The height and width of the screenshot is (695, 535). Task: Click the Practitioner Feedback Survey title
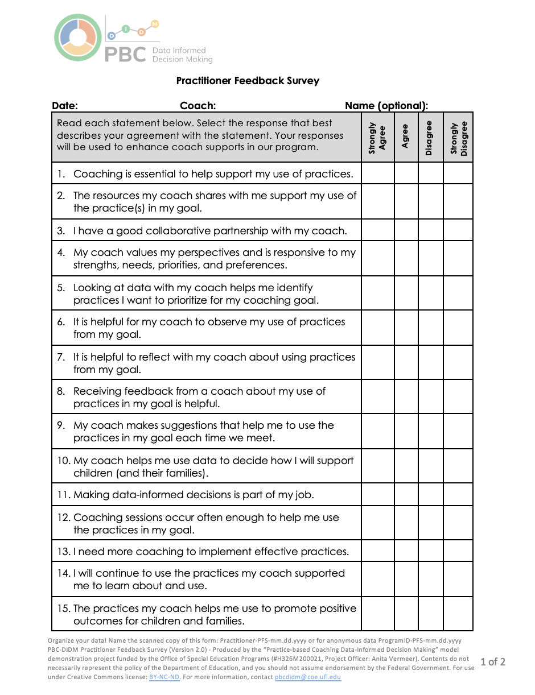pos(248,81)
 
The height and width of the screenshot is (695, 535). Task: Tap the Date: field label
pos(65,105)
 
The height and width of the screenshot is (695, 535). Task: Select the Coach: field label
pos(197,105)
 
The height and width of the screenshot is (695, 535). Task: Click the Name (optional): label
pos(386,105)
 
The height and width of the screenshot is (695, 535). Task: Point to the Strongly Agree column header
pos(377,138)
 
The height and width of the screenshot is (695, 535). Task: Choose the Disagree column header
pos(430,138)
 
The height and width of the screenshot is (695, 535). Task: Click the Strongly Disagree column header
pos(458,138)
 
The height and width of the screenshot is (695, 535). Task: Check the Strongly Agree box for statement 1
pos(377,173)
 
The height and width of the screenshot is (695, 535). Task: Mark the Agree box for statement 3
pos(406,230)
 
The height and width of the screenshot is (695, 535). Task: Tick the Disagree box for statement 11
pos(430,494)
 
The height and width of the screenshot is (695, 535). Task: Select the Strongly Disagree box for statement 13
pos(458,551)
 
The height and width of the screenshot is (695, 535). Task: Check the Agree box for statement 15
pos(406,614)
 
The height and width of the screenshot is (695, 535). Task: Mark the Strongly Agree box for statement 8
pos(377,397)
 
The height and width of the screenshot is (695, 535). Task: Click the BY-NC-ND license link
pos(164,677)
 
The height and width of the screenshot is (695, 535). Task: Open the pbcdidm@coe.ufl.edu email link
pos(308,677)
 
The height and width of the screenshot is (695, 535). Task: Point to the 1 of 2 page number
pos(493,661)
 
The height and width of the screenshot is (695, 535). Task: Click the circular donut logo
pos(78,38)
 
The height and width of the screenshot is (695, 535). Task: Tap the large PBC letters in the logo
pos(125,55)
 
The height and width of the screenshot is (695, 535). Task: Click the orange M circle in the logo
pos(155,24)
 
